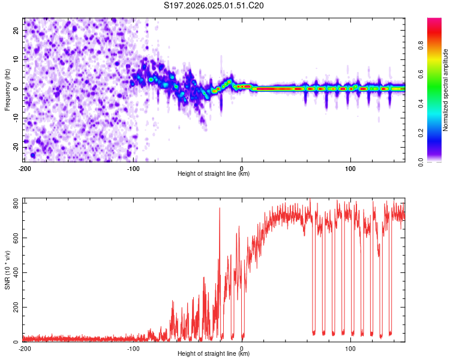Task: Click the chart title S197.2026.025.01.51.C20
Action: pos(214,6)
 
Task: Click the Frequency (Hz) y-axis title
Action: pos(7,89)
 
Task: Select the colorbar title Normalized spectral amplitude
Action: pos(446,89)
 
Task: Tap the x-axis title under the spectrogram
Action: pos(214,173)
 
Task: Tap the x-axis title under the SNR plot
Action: pos(214,353)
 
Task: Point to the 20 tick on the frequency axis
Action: pos(16,30)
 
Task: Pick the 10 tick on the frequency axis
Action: pos(16,59)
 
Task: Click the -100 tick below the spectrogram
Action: pos(133,167)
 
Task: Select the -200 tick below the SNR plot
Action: pos(24,348)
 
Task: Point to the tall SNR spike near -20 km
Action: pos(220,209)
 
